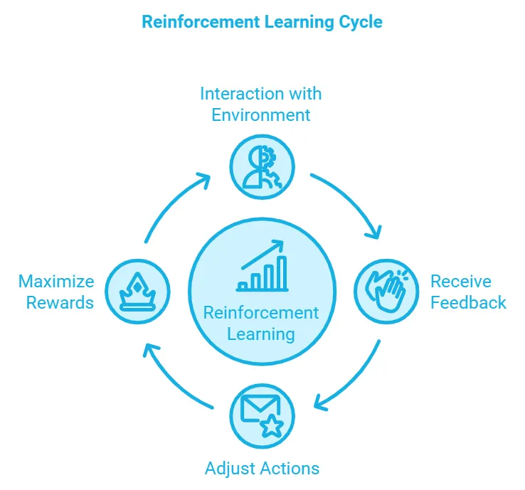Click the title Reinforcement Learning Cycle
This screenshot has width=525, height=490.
click(262, 22)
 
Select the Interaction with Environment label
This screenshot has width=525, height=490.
click(261, 104)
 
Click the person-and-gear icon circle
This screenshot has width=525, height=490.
click(261, 166)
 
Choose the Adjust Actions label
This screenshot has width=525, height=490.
click(262, 468)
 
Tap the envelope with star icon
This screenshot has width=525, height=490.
click(262, 416)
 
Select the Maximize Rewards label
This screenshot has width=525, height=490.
click(56, 292)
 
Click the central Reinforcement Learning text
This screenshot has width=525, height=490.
click(261, 323)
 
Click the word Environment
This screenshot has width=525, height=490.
click(261, 114)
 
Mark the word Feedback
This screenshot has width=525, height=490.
click(468, 302)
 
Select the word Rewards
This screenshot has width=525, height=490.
click(60, 302)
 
